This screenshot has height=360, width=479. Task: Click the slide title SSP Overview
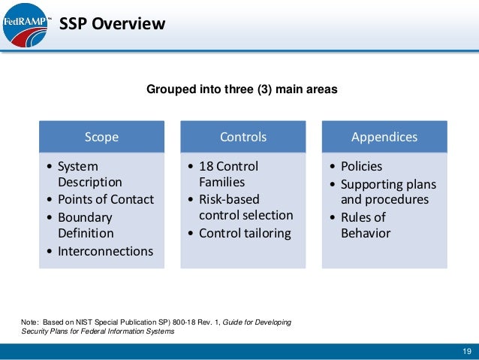point(112,24)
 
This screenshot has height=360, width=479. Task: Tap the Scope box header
point(101,137)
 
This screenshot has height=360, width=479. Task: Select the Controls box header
point(243,137)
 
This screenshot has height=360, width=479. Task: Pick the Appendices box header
point(384,137)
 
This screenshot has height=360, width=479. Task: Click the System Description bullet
point(89,174)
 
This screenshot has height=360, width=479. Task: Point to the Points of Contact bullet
point(105,199)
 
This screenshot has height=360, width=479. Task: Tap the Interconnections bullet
point(105,251)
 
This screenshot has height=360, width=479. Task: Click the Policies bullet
point(361,166)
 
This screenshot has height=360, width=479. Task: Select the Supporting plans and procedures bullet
point(387,192)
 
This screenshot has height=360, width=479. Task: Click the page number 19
point(466,352)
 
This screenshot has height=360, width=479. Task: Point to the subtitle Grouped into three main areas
point(241,89)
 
